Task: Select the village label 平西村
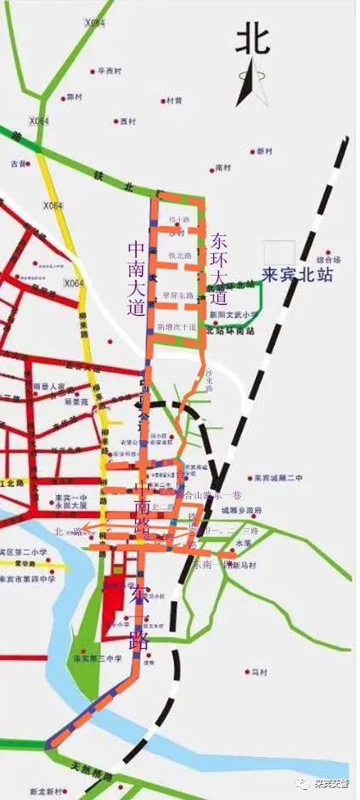pos(110,71)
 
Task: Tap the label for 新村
pos(264,151)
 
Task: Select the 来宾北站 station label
pos(296,275)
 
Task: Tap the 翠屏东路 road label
pos(178,296)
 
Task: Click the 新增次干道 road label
pos(177,326)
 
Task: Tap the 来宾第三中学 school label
pos(98,657)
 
